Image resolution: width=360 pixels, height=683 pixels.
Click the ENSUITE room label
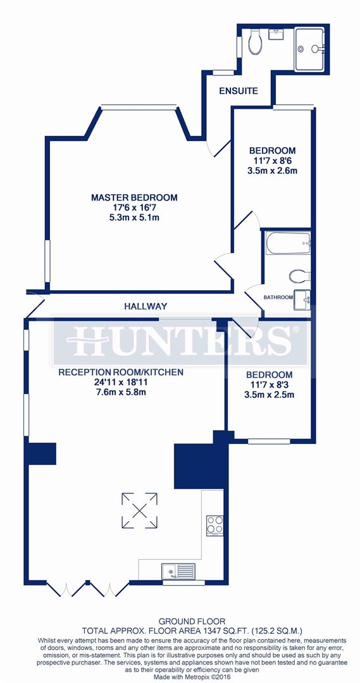pos(239,91)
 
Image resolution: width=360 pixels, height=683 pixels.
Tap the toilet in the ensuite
pos(256,43)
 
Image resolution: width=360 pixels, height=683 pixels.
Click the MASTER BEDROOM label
pos(134,197)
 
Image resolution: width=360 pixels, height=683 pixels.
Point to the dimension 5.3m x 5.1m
pos(134,218)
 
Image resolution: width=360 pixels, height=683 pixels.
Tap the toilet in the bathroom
pos(297,276)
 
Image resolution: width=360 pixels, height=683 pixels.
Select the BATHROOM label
pos(278,297)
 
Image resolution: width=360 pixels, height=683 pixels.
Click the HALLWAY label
pos(146,306)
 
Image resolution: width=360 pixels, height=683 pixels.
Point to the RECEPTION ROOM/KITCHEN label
pos(121,372)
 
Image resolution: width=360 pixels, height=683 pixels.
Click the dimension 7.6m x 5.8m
pos(121,392)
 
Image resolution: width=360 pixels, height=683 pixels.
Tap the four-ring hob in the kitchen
pos(214,524)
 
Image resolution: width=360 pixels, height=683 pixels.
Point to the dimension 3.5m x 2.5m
pos(270,395)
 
